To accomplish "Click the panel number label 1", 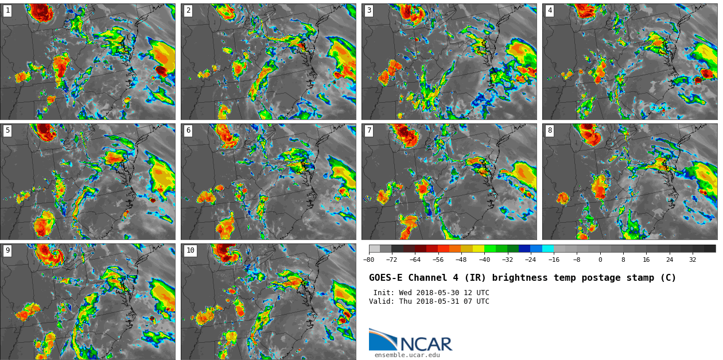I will coord(7,10).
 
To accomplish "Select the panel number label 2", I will coord(188,10).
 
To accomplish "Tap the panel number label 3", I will coord(369,10).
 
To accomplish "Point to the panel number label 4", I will coord(550,10).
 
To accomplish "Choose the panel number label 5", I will coord(7,130).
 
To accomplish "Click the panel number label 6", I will coord(188,130).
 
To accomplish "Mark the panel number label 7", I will coord(369,130).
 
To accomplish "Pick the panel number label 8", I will coord(550,130).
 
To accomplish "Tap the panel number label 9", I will coord(7,250).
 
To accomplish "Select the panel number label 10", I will coord(190,250).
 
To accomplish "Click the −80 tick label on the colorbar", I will coord(369,260).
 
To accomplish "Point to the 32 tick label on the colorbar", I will coord(693,260).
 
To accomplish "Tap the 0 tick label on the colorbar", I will coord(600,260).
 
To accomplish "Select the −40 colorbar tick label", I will coord(484,260).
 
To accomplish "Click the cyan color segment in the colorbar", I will coord(548,249).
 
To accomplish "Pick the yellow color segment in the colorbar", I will coord(479,249).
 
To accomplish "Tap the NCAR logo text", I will coord(426,344).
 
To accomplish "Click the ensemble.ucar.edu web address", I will coord(407,355).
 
